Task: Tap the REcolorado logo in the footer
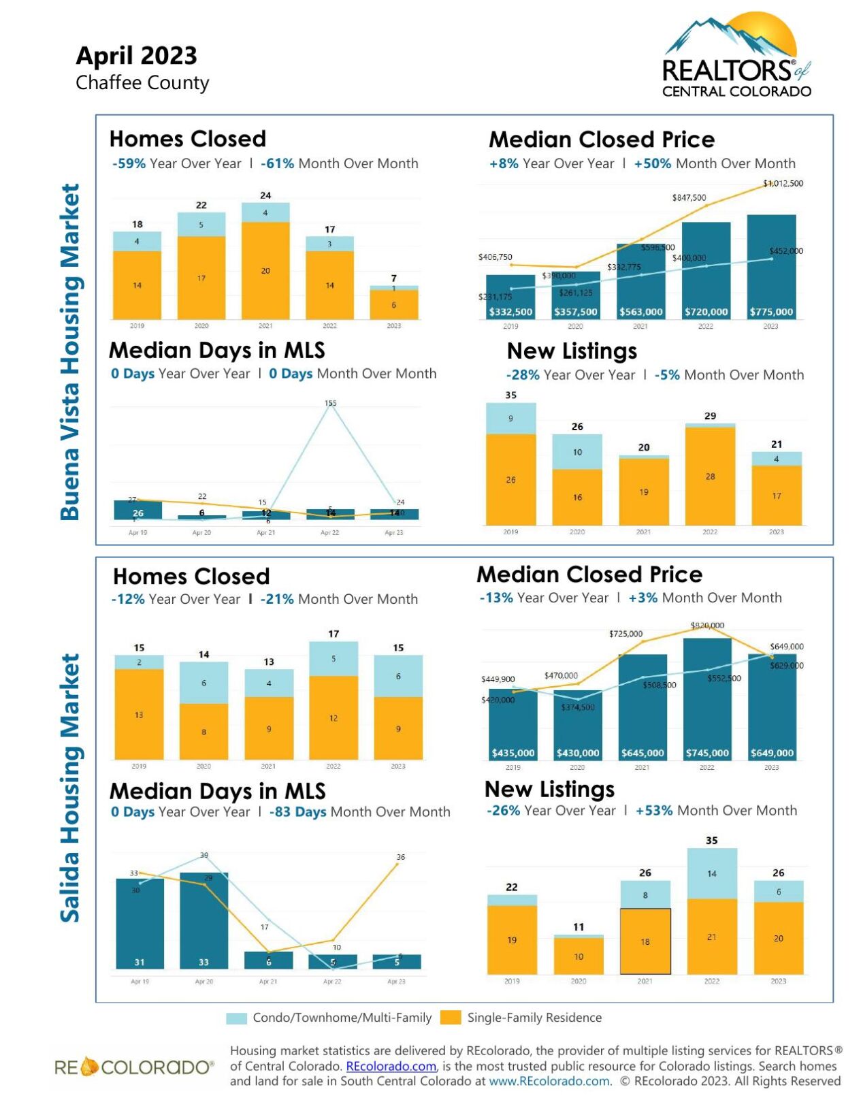point(134,1067)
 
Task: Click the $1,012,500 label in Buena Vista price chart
point(782,183)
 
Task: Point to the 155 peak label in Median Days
point(330,403)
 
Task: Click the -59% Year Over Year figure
point(129,163)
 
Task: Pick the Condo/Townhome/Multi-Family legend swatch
point(236,1018)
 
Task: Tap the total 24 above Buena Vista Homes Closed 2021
point(265,195)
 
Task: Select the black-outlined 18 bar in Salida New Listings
point(645,941)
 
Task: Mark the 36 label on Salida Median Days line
point(400,857)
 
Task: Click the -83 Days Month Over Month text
point(297,812)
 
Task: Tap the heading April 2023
point(136,55)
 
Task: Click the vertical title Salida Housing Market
point(70,788)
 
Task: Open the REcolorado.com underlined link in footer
point(391,1066)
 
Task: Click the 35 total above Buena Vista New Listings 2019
point(510,395)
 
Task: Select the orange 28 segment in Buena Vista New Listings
point(710,476)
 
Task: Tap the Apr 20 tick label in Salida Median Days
point(204,982)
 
